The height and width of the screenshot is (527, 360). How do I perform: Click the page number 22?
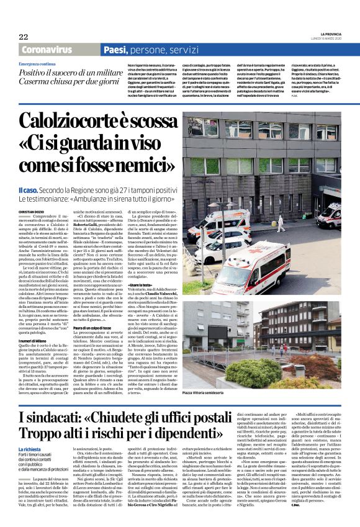(x=24, y=37)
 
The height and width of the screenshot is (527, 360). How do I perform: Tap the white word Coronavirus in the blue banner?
(x=45, y=50)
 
